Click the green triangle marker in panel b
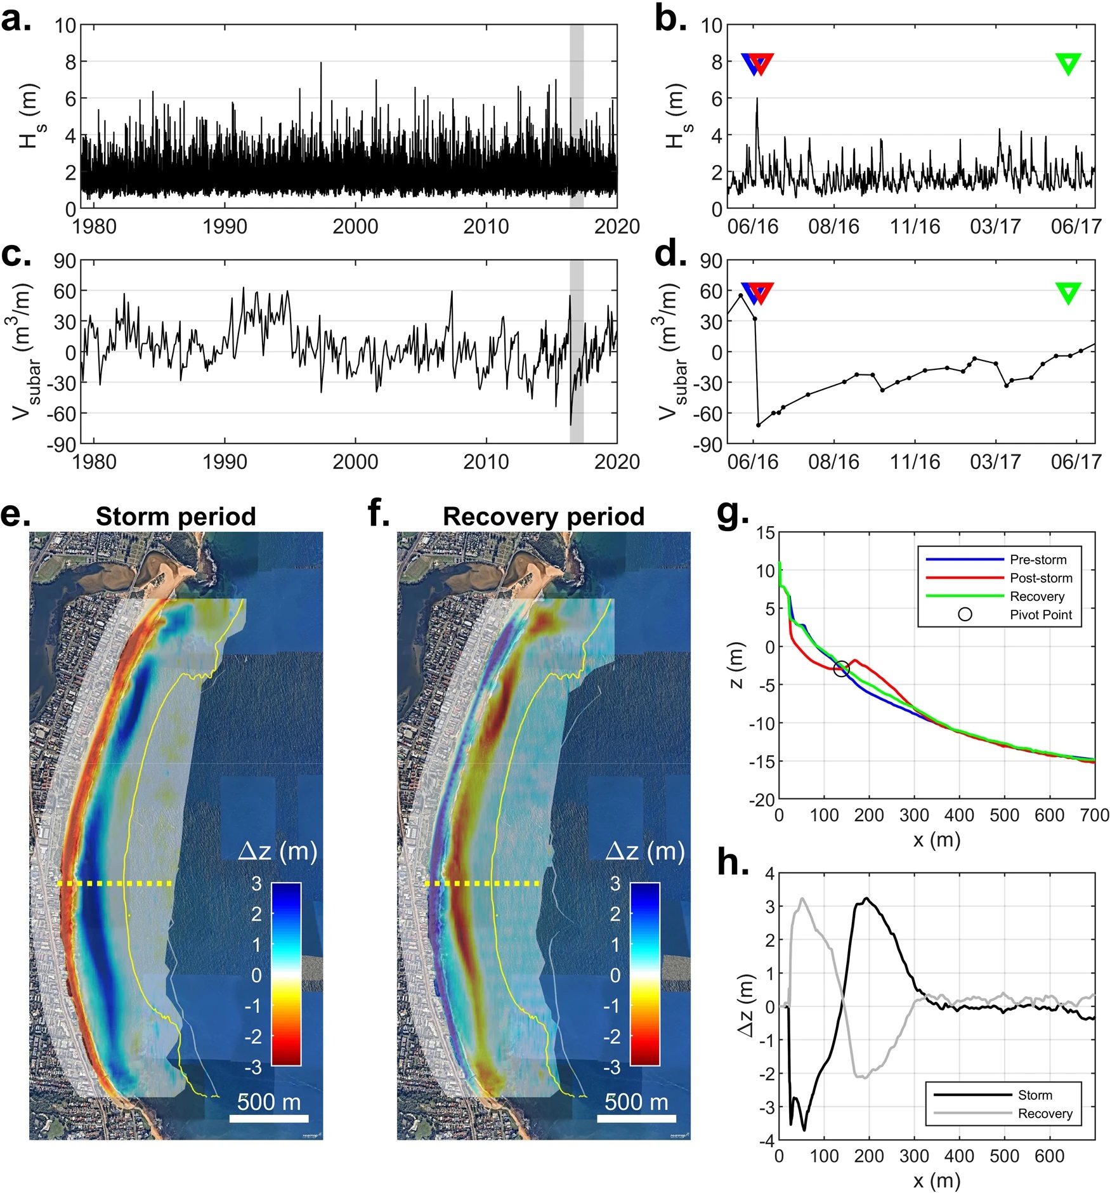click(1068, 63)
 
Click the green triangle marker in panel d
click(1068, 292)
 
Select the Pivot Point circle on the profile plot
click(841, 668)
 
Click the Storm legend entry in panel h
click(1035, 1095)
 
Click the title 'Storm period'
click(176, 517)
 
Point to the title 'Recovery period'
click(544, 517)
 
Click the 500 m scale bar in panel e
click(269, 1118)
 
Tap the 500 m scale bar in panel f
click(636, 1118)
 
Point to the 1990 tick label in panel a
click(225, 227)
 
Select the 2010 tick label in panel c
click(486, 461)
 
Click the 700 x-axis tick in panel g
click(1094, 815)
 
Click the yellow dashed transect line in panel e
click(114, 883)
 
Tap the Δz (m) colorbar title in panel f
click(645, 851)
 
